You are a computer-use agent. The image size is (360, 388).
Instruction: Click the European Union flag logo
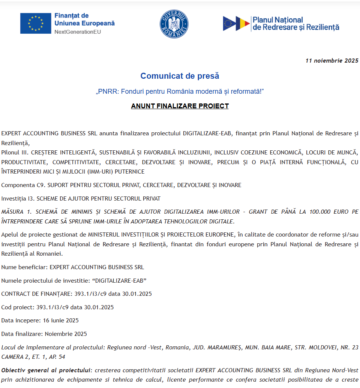pyautogui.click(x=36, y=23)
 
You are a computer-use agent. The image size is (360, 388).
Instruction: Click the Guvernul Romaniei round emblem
pyautogui.click(x=174, y=24)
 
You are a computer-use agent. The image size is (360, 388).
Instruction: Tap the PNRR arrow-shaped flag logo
pyautogui.click(x=236, y=24)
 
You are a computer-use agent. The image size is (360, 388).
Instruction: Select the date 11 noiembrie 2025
pyautogui.click(x=332, y=60)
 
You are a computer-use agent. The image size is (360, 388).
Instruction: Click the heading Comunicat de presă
pyautogui.click(x=180, y=76)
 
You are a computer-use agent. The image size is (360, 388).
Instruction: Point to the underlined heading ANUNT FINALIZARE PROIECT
pyautogui.click(x=180, y=106)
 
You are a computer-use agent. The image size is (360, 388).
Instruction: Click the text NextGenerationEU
pyautogui.click(x=78, y=32)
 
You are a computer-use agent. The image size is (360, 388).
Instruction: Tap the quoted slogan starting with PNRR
pyautogui.click(x=180, y=91)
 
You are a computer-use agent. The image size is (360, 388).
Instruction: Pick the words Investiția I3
pyautogui.click(x=18, y=198)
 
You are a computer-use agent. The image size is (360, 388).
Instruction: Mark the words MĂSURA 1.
pyautogui.click(x=15, y=212)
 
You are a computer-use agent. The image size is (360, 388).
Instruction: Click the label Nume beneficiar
pyautogui.click(x=24, y=267)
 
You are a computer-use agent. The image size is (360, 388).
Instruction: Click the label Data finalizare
pyautogui.click(x=22, y=334)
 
